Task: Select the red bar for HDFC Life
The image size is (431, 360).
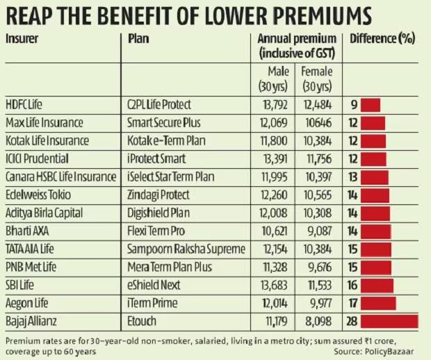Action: (x=370, y=105)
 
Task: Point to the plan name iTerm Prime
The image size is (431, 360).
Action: (x=152, y=302)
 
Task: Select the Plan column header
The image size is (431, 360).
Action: (x=139, y=38)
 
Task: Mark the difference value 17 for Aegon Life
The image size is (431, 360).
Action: (x=353, y=302)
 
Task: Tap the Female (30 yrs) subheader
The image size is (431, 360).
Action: (x=317, y=76)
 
